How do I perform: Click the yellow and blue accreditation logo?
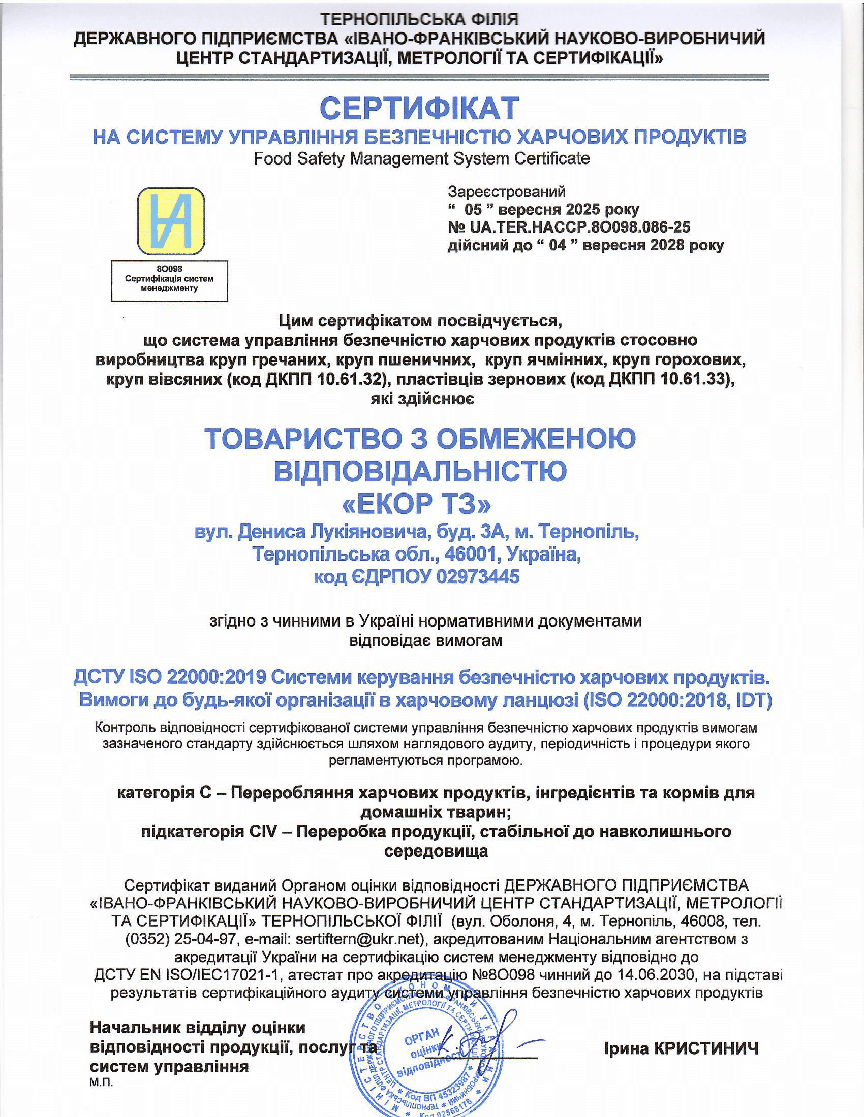tap(171, 221)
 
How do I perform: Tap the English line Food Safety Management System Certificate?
tap(422, 158)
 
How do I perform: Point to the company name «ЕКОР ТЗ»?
tap(416, 504)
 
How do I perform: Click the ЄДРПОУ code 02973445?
tap(478, 577)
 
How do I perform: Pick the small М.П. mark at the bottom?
tap(101, 1083)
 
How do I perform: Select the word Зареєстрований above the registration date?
tap(507, 192)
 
